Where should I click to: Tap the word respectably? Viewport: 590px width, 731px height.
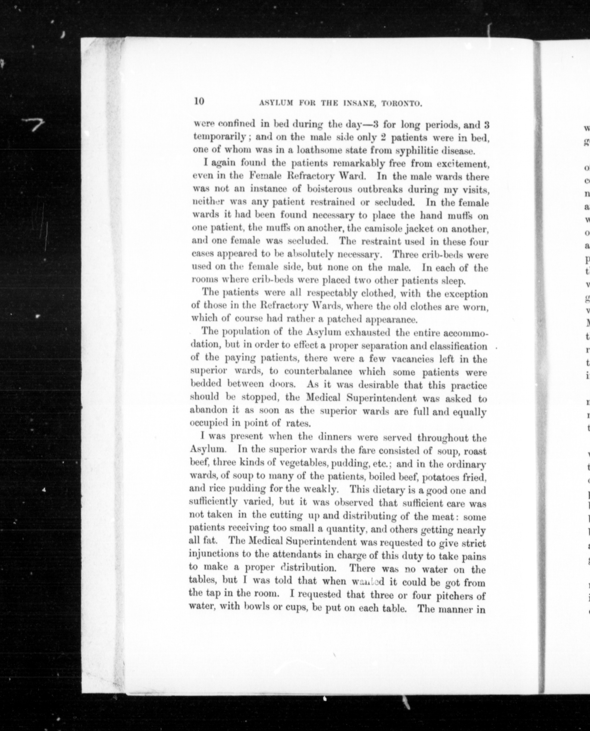click(332, 293)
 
